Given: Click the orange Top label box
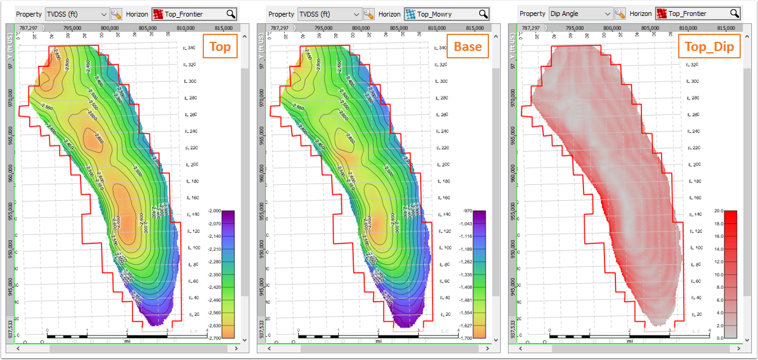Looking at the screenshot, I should click(x=221, y=47).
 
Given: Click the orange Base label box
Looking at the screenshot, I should click(x=468, y=46).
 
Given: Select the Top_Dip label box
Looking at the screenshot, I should click(x=709, y=47).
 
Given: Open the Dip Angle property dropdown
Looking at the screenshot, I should click(x=581, y=14).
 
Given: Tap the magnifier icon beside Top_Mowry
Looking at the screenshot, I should click(x=483, y=14).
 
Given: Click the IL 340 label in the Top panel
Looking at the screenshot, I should click(x=190, y=48).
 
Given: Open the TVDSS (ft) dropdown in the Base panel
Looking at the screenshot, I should click(x=329, y=14).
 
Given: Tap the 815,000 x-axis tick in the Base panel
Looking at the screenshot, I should click(x=475, y=28).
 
